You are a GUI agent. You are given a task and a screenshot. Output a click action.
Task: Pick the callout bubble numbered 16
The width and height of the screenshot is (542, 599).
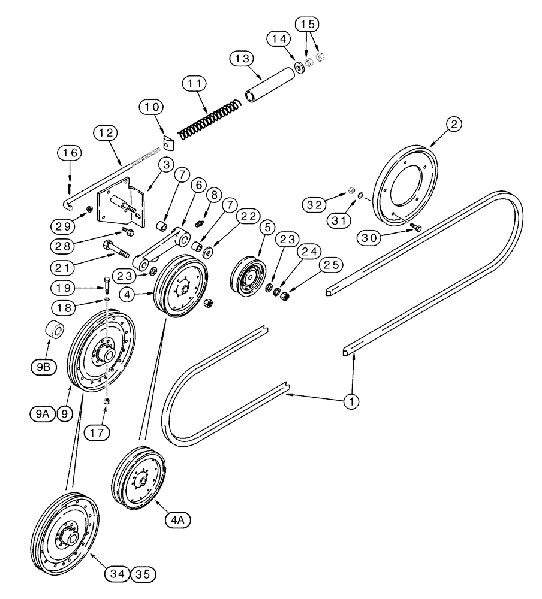tap(70, 154)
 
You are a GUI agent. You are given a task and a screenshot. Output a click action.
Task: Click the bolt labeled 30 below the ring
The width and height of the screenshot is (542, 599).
tap(415, 228)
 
